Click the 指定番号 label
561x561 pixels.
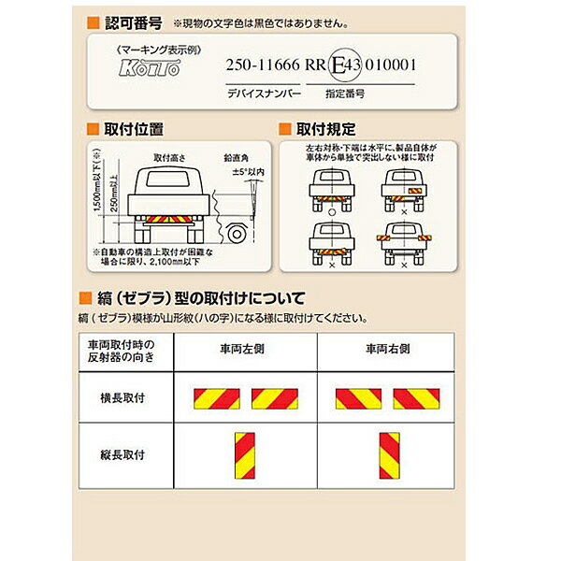click(x=345, y=94)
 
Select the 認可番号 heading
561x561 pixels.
click(x=128, y=21)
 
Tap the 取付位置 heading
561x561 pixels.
click(x=137, y=128)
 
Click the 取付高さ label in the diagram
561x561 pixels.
click(x=175, y=158)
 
